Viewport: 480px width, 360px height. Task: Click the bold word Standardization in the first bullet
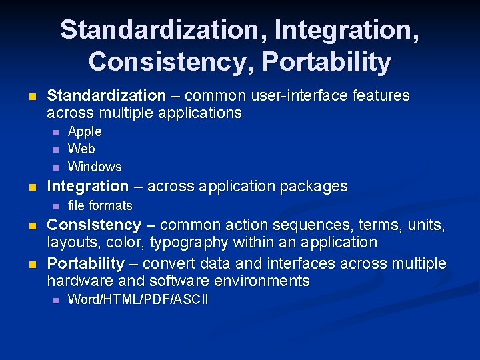pyautogui.click(x=106, y=96)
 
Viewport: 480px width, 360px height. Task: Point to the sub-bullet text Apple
pyautogui.click(x=85, y=132)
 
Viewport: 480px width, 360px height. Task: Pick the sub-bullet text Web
pyautogui.click(x=81, y=149)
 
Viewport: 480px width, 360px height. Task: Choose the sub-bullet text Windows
pyautogui.click(x=95, y=167)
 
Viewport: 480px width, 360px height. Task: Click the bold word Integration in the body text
pyautogui.click(x=87, y=187)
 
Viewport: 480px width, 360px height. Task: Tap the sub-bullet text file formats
pyautogui.click(x=100, y=206)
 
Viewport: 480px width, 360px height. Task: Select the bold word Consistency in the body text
pyautogui.click(x=93, y=225)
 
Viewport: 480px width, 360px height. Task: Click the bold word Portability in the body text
pyautogui.click(x=85, y=264)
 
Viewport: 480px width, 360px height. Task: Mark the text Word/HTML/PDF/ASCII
pyautogui.click(x=138, y=300)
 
